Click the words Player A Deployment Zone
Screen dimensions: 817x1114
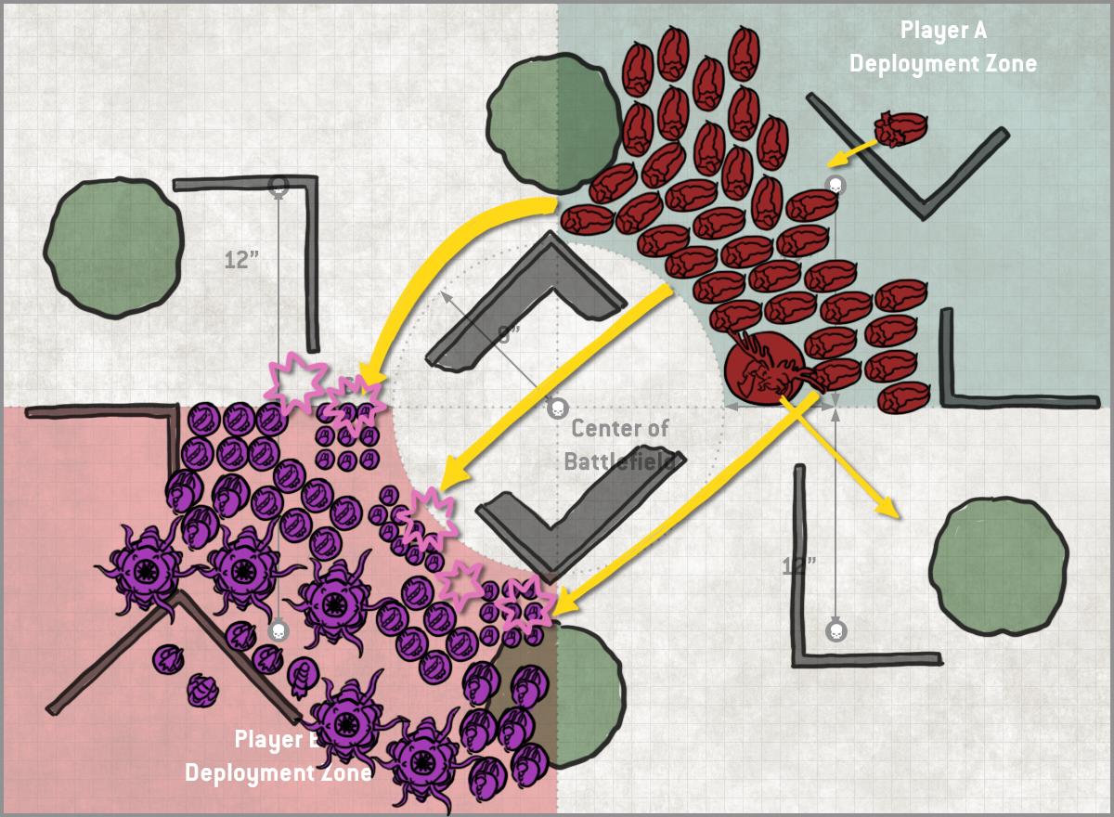pos(942,46)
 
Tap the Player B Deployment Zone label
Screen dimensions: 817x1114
pos(278,756)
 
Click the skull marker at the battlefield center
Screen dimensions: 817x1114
pos(557,408)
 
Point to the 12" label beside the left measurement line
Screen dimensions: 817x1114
pos(241,259)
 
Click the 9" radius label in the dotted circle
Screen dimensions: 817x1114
pos(506,335)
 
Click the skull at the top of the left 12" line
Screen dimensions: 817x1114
pos(278,185)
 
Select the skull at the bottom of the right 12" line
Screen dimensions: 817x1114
pos(835,631)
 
